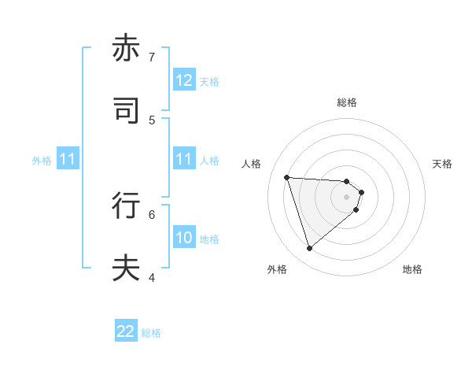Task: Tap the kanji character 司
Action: click(127, 111)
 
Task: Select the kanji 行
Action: click(127, 205)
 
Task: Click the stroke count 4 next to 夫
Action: click(152, 277)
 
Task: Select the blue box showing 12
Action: click(184, 80)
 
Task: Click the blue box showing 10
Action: click(184, 239)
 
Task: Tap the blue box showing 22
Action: click(126, 332)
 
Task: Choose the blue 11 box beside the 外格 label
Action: click(68, 160)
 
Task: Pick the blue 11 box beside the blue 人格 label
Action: click(184, 160)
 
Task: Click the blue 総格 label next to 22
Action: click(151, 333)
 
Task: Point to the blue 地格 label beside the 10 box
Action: click(209, 239)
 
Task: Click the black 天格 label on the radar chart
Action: click(442, 164)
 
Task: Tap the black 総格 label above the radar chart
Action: click(347, 102)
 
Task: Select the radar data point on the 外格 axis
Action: click(309, 249)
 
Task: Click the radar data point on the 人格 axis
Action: click(286, 177)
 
